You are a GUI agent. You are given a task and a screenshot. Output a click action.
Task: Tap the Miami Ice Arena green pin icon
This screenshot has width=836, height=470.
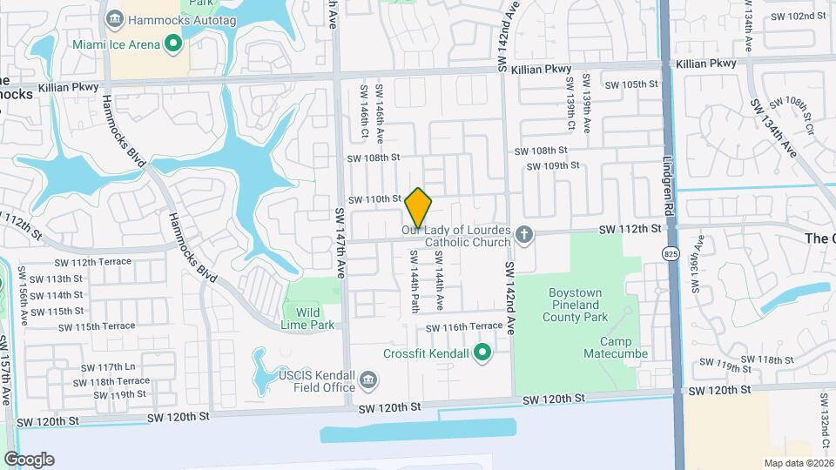pyautogui.click(x=173, y=42)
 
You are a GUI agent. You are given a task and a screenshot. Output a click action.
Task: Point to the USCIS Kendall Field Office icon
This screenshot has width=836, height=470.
pyautogui.click(x=368, y=379)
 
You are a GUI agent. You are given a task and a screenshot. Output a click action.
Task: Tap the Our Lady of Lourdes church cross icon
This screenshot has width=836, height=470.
pyautogui.click(x=523, y=233)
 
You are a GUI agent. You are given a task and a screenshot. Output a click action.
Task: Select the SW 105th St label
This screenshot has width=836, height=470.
pyautogui.click(x=631, y=84)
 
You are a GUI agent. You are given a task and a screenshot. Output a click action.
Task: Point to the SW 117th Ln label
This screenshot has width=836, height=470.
pyautogui.click(x=104, y=367)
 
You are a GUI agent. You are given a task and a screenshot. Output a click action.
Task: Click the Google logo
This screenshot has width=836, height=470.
pyautogui.click(x=29, y=459)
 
